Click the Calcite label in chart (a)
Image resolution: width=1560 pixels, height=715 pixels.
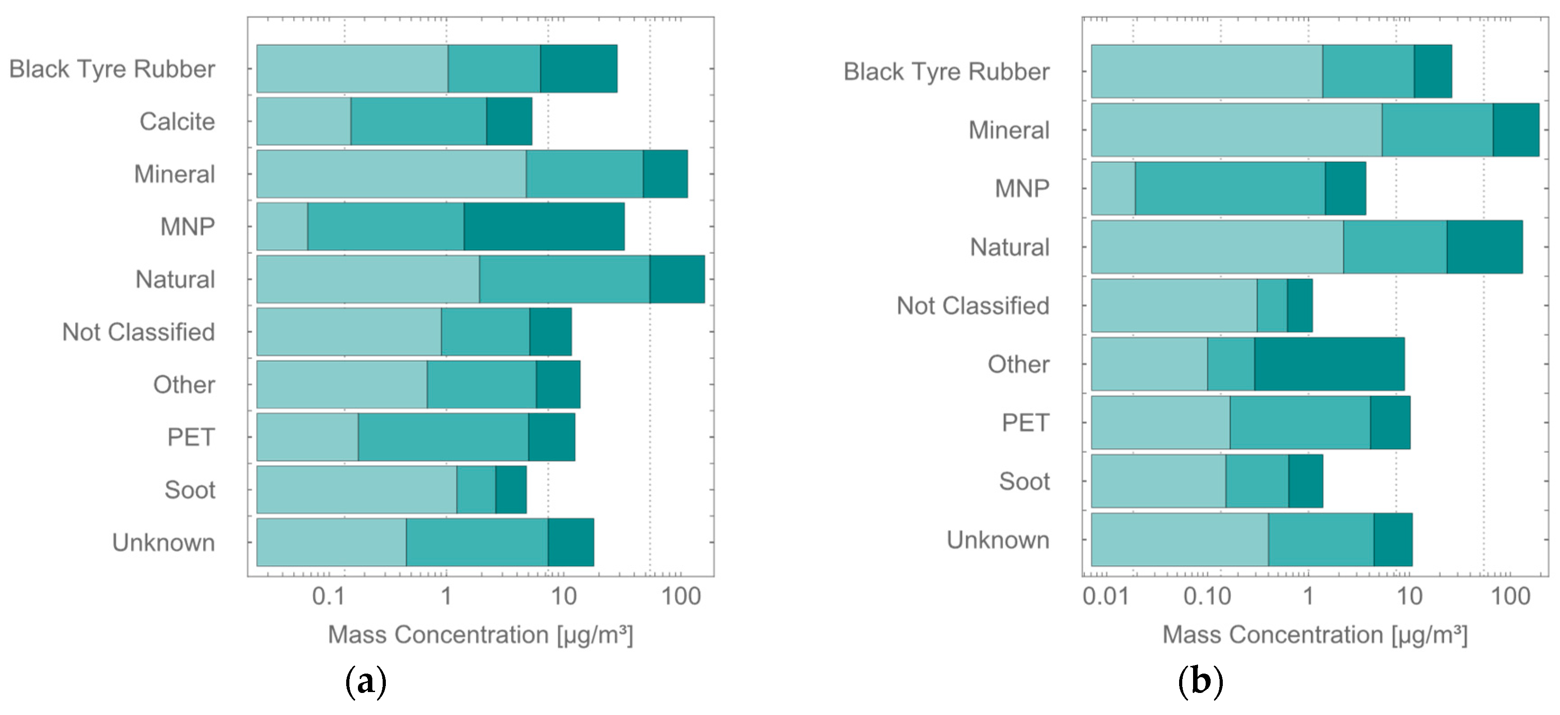coord(177,121)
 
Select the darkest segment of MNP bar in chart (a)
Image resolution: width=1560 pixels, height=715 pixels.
coord(544,226)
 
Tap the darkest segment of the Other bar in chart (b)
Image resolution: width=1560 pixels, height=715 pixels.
coord(1329,364)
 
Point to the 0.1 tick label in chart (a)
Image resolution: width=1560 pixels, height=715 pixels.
coord(328,596)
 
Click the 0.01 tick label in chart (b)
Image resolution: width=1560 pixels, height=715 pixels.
coord(1106,596)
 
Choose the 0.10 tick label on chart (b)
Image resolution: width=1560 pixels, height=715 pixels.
coord(1207,596)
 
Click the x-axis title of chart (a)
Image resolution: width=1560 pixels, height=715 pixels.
coord(480,635)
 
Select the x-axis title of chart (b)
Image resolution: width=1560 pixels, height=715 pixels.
coord(1315,635)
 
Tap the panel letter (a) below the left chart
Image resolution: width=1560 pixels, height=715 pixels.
coord(365,682)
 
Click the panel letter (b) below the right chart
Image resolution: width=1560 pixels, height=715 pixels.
coord(1200,682)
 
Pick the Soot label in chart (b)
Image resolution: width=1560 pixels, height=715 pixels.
coord(1024,481)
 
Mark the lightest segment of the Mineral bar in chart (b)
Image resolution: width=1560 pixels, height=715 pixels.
coord(1237,130)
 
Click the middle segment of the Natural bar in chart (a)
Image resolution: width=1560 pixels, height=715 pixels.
coord(565,279)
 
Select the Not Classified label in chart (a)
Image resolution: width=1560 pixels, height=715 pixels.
coord(138,332)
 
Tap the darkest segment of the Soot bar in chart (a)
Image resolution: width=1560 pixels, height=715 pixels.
coord(511,489)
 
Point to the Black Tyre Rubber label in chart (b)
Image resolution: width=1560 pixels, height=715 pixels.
coord(946,72)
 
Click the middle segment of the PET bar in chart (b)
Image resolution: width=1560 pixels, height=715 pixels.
coord(1300,423)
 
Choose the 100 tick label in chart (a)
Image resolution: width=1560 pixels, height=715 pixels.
coord(681,596)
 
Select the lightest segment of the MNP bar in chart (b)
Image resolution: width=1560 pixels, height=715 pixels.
coord(1113,188)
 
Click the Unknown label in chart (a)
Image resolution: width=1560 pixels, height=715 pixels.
coord(163,543)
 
